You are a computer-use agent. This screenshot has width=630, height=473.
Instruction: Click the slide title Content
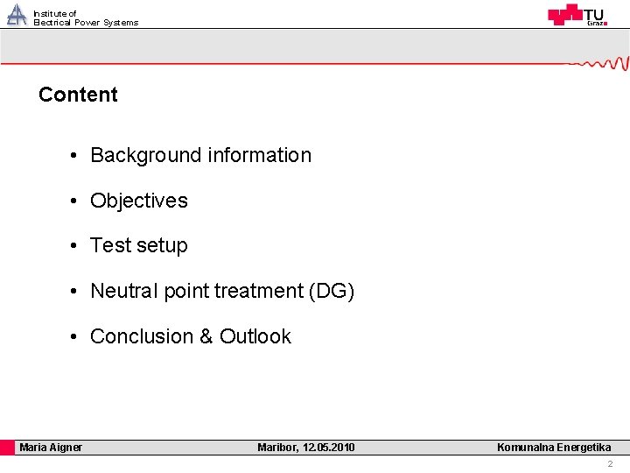pyautogui.click(x=78, y=95)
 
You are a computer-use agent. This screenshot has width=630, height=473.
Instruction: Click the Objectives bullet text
pyautogui.click(x=139, y=201)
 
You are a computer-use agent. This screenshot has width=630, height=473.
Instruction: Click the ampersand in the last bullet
pyautogui.click(x=206, y=336)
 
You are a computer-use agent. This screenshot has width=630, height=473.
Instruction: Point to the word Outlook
pyautogui.click(x=255, y=336)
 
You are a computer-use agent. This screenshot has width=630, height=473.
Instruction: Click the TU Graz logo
pyautogui.click(x=577, y=15)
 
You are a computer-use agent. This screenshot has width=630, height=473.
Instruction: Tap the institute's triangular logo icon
pyautogui.click(x=17, y=15)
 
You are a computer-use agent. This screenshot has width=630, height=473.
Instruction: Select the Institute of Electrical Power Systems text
pyautogui.click(x=85, y=18)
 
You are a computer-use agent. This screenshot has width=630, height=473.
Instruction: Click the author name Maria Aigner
pyautogui.click(x=51, y=448)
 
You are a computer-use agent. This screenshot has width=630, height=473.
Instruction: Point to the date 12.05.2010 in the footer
pyautogui.click(x=328, y=448)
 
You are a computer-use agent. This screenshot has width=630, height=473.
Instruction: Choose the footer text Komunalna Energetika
pyautogui.click(x=554, y=448)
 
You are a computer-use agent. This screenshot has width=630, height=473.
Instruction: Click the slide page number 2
pyautogui.click(x=610, y=463)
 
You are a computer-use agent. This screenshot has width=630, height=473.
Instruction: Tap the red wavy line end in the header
pyautogui.click(x=604, y=63)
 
